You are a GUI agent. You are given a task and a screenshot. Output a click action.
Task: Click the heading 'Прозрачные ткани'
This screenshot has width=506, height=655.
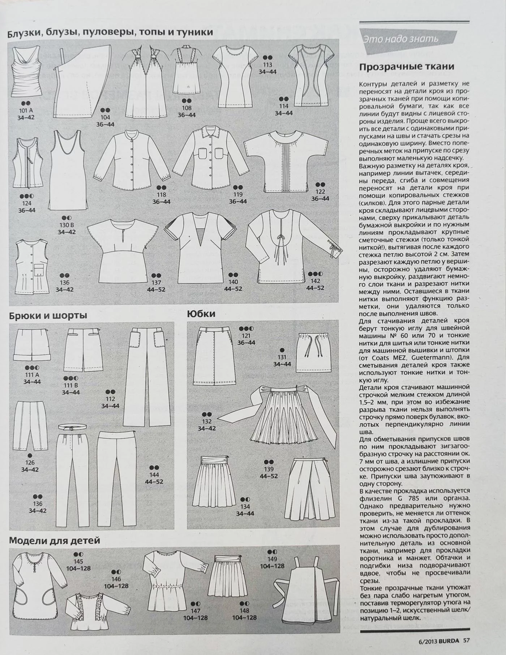[406, 67]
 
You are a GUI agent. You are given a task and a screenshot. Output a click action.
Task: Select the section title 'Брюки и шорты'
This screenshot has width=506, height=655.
[48, 316]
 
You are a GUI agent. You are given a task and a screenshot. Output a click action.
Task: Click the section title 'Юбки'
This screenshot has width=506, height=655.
[201, 314]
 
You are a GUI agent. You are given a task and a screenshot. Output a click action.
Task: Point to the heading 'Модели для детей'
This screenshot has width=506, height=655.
[54, 541]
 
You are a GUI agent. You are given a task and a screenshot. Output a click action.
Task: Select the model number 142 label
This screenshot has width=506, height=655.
[315, 281]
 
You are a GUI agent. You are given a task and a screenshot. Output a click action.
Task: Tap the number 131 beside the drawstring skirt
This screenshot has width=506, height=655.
[282, 357]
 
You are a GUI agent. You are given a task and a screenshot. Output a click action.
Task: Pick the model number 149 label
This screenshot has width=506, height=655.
[272, 559]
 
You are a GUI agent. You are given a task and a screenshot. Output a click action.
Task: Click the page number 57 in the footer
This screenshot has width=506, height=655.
[466, 641]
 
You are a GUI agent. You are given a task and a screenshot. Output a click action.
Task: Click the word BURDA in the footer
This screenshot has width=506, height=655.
[450, 641]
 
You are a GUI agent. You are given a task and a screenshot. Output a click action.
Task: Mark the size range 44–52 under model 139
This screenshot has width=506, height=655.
[269, 476]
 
